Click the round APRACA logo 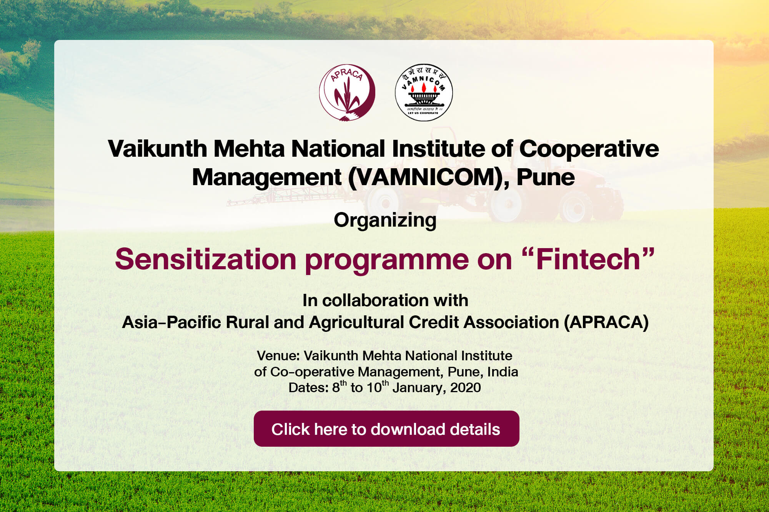click(347, 92)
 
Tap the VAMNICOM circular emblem click(424, 92)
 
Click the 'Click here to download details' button click(386, 429)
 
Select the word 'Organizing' click(385, 221)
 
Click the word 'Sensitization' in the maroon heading click(205, 259)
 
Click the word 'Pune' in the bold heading click(546, 177)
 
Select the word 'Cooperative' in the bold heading click(589, 149)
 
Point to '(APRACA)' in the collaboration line click(606, 322)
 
